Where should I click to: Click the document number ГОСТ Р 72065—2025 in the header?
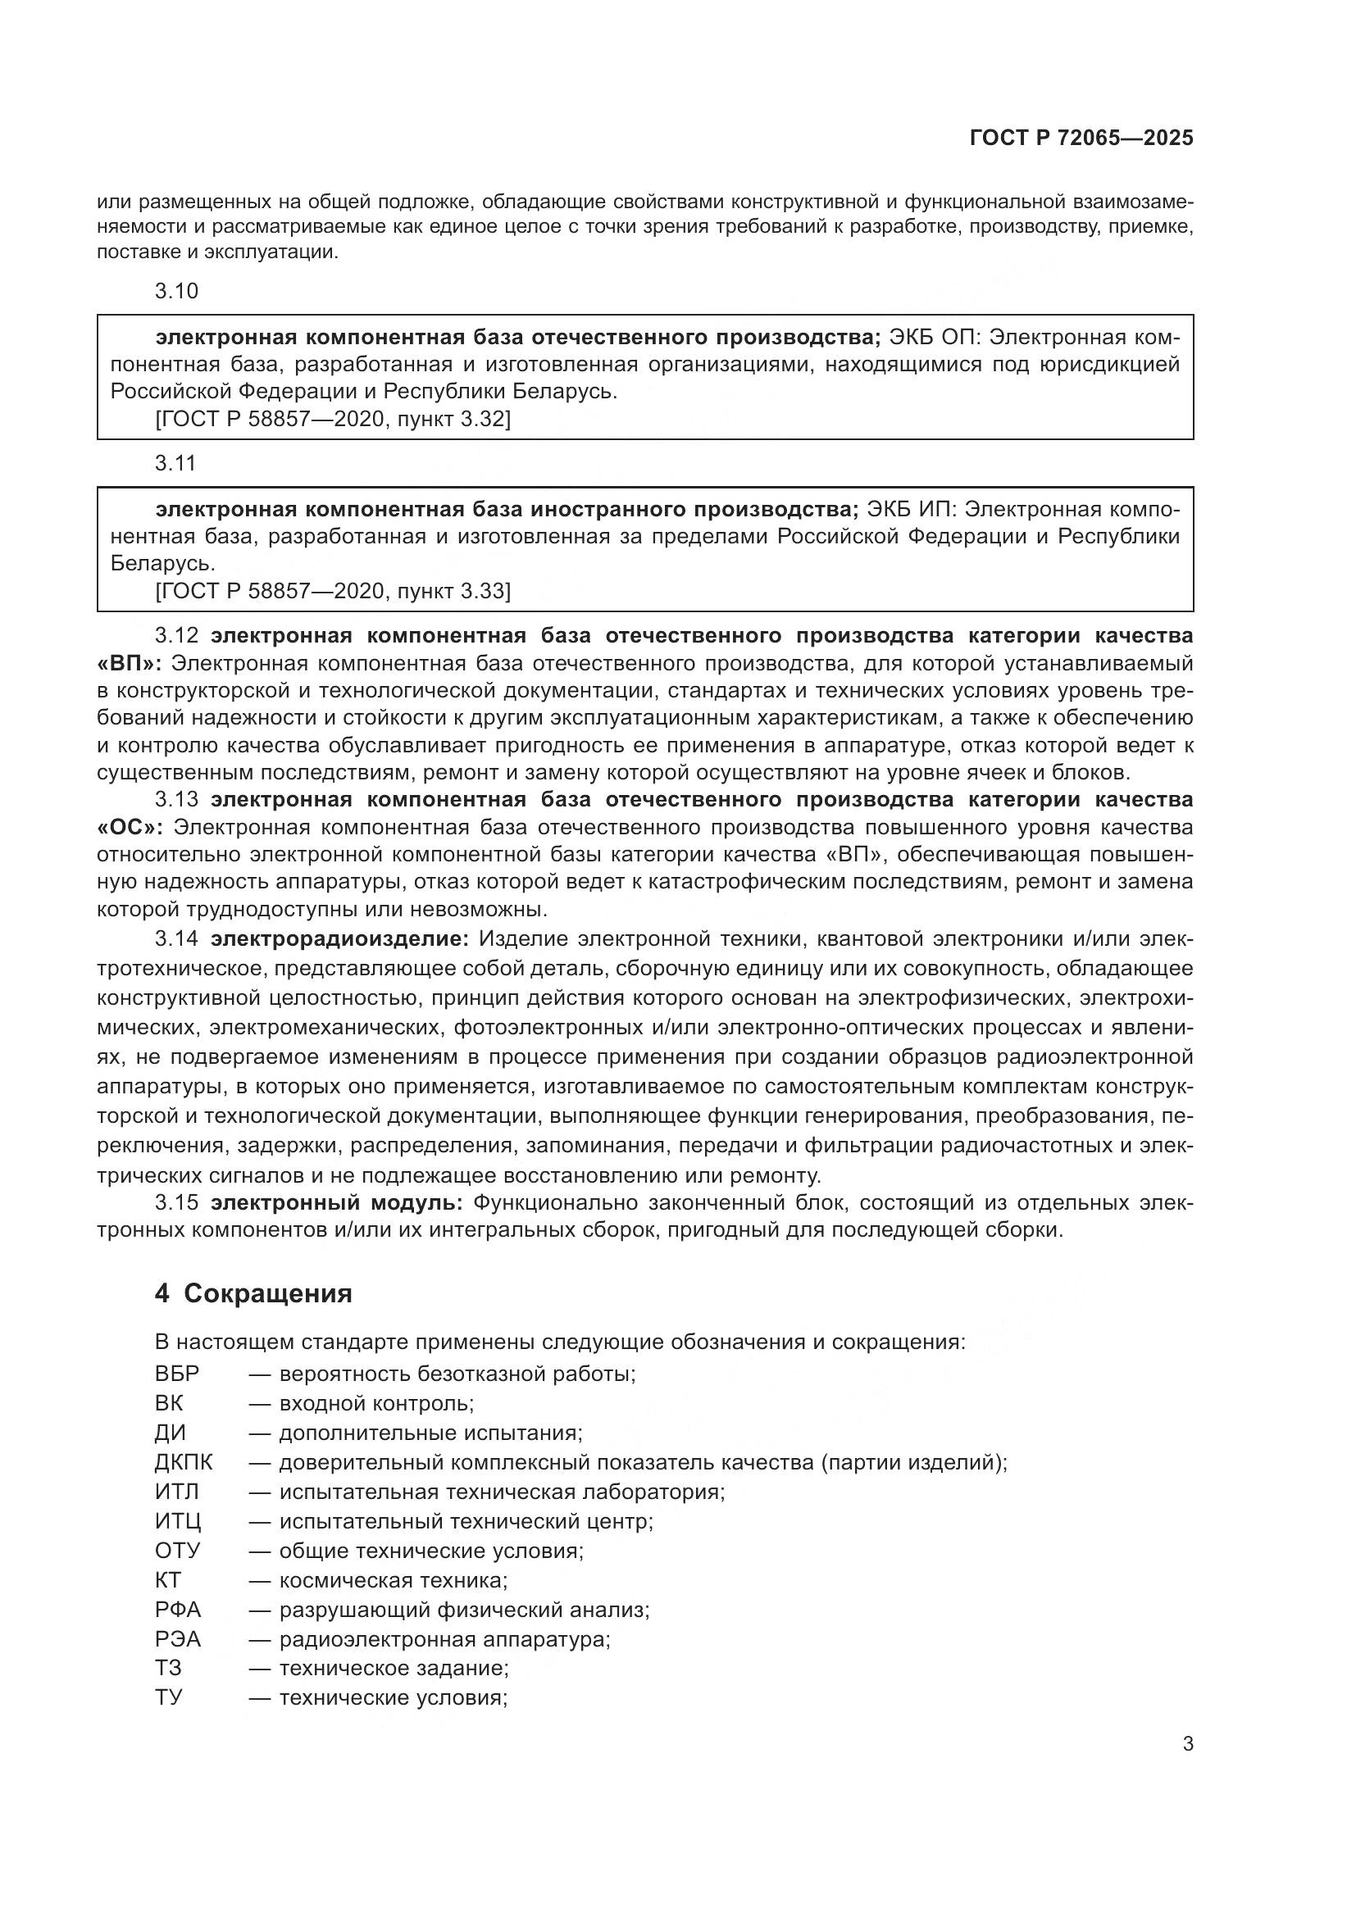coord(1081,139)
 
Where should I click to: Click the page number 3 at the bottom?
coord(1187,1743)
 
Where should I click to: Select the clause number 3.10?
coord(176,292)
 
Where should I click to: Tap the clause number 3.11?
coord(175,463)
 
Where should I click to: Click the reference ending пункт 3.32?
coord(333,419)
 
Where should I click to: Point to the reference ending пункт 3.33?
coord(333,591)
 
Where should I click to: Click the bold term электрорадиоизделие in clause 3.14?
coord(341,938)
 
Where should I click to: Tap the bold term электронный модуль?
coord(336,1203)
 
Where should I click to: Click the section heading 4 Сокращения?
coord(254,1294)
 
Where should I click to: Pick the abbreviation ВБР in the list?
coord(177,1374)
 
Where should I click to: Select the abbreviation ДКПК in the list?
coord(184,1462)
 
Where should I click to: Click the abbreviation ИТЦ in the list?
coord(178,1521)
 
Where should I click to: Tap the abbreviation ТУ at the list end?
coord(169,1697)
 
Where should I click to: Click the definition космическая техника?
coord(394,1579)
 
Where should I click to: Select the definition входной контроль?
coord(376,1403)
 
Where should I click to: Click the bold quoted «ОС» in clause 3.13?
coord(131,828)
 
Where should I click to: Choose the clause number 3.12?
coord(176,636)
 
